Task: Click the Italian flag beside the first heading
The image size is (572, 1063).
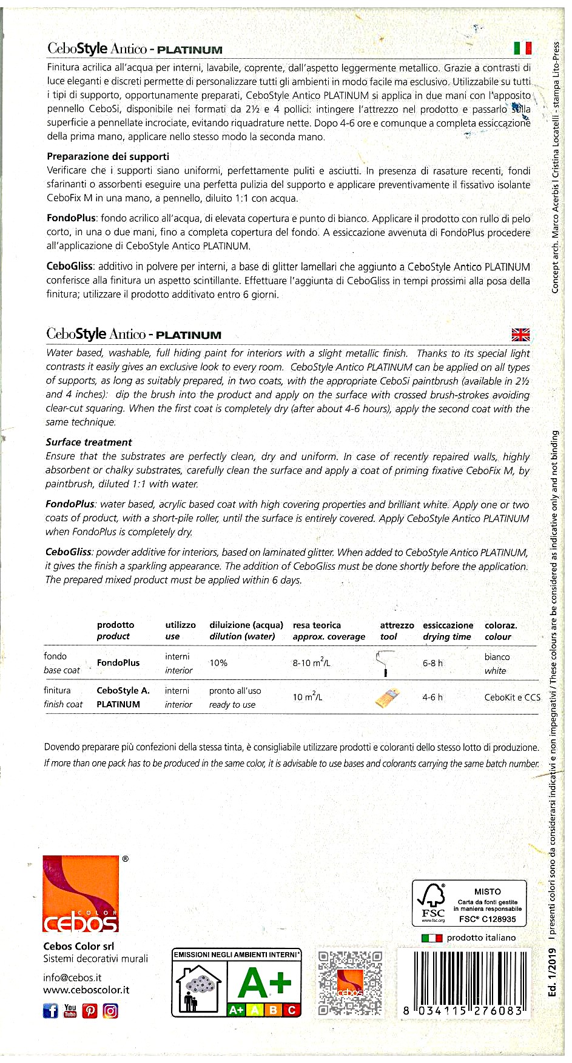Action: [x=522, y=48]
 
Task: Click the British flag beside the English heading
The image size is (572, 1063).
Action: [x=520, y=335]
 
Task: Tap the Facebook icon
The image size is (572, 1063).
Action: [x=50, y=1010]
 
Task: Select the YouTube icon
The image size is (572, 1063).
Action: [x=70, y=1010]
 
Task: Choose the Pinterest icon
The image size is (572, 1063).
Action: [x=90, y=1011]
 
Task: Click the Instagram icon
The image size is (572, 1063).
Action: [x=110, y=1010]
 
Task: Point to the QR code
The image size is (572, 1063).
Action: [x=350, y=982]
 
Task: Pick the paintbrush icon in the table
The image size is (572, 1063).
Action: [x=388, y=698]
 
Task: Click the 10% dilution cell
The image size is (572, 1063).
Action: [x=218, y=663]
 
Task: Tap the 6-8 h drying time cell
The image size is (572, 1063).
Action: [x=432, y=663]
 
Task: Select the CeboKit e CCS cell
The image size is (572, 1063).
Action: [x=512, y=698]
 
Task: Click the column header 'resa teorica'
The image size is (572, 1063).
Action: [x=317, y=625]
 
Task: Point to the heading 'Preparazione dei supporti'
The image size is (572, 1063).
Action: [x=108, y=156]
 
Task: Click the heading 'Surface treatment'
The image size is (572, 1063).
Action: [x=89, y=442]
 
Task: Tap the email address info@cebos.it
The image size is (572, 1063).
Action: [x=72, y=978]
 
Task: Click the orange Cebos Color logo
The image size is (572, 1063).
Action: [x=81, y=893]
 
